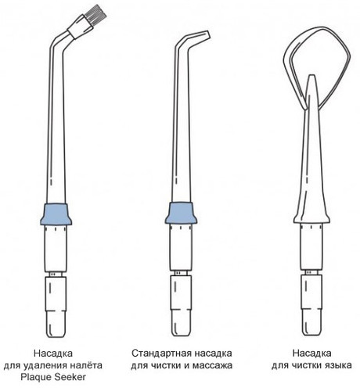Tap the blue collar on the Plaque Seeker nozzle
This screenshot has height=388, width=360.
click(56, 214)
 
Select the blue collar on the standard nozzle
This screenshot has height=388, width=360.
click(181, 213)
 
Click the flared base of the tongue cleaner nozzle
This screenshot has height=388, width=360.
click(311, 218)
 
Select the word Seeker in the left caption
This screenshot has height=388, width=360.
click(69, 377)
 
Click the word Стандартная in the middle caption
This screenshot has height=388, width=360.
click(161, 354)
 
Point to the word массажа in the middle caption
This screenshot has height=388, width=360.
click(212, 365)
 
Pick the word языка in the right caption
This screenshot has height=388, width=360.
click(337, 365)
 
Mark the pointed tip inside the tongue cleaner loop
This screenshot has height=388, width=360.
click(312, 76)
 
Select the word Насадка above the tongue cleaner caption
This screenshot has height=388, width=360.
click(311, 354)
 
